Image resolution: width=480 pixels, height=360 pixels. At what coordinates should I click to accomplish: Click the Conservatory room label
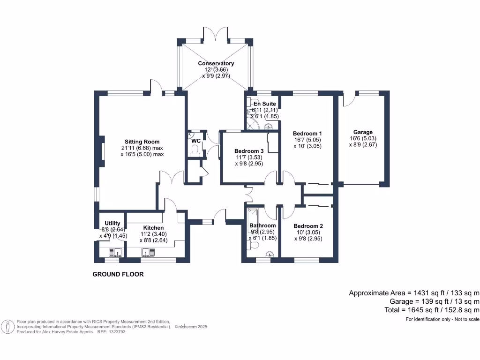(216, 63)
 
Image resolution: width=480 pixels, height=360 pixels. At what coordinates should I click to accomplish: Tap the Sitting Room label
(142, 142)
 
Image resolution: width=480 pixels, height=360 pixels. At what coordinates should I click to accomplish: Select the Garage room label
(363, 132)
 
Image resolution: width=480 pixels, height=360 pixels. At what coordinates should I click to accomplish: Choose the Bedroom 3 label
(249, 151)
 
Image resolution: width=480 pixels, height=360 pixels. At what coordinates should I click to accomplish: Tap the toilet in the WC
(195, 149)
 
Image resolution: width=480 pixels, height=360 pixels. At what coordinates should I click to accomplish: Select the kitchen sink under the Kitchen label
(148, 253)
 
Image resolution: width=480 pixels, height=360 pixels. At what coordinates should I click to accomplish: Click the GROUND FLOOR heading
(118, 274)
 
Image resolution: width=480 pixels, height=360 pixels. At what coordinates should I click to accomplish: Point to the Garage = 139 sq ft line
(434, 301)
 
